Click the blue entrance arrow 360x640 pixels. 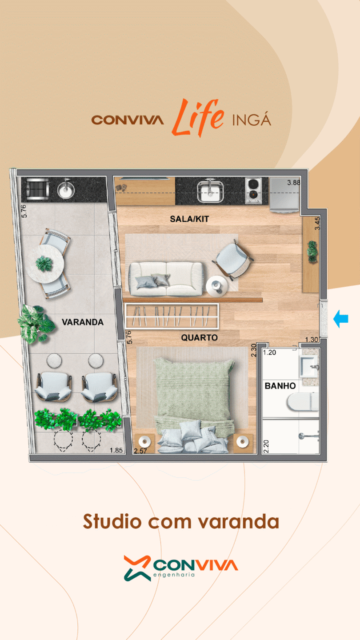[x=340, y=319]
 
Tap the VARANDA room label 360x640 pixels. [x=83, y=322]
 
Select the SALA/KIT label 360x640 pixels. [x=189, y=219]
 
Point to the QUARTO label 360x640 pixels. [x=199, y=337]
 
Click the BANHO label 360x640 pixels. [x=280, y=386]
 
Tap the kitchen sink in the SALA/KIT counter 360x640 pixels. [x=210, y=190]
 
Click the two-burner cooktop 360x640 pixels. [x=253, y=191]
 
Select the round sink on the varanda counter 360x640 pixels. [x=66, y=189]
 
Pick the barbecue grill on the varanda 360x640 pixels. [x=37, y=189]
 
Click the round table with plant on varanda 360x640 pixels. [x=45, y=264]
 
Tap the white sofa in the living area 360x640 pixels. [x=167, y=279]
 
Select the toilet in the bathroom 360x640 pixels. [x=303, y=401]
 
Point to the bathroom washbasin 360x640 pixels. [x=309, y=366]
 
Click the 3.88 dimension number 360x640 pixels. [x=293, y=183]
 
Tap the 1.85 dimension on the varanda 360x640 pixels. [x=116, y=450]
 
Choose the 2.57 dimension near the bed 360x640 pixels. [x=140, y=451]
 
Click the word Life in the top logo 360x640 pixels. [x=198, y=117]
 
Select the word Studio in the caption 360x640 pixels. [x=112, y=522]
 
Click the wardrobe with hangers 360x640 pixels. [x=172, y=316]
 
